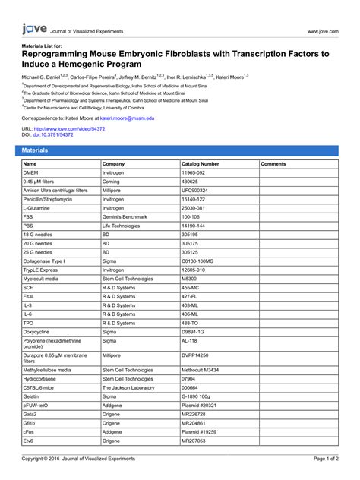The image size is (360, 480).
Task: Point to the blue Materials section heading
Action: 36,150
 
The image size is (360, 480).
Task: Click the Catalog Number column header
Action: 201,164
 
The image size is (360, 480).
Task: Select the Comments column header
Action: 273,164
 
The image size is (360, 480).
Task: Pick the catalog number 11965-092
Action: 199,173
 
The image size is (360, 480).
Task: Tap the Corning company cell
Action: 112,182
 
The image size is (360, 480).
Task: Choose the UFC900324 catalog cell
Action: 196,191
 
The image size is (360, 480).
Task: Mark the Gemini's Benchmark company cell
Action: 124,216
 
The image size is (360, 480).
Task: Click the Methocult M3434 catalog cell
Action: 201,370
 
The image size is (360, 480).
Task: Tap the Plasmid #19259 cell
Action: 199,431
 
